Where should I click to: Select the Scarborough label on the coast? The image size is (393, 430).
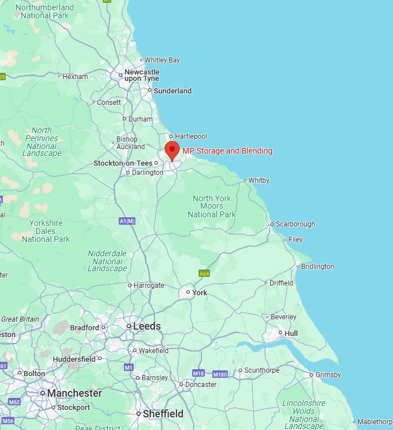(295, 224)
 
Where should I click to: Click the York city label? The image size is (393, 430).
(200, 292)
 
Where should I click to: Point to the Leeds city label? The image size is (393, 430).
(147, 326)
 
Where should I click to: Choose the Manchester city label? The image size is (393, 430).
(74, 393)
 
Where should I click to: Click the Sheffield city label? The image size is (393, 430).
(163, 413)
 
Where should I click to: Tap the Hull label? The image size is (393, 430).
(291, 333)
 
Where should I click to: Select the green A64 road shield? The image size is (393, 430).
(204, 273)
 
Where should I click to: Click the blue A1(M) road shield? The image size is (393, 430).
(127, 221)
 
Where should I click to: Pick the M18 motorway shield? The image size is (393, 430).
(199, 373)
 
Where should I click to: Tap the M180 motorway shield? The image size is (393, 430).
(220, 374)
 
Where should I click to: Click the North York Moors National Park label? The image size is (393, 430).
(212, 206)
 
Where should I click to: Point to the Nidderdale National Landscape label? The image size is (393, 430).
(107, 261)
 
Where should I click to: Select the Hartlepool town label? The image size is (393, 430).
(191, 136)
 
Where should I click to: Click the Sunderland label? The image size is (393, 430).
(173, 91)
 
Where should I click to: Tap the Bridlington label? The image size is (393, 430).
(318, 267)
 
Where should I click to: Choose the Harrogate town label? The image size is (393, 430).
(149, 286)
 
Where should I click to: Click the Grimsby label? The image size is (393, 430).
(328, 375)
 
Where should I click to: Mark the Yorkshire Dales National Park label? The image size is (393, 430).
(46, 231)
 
